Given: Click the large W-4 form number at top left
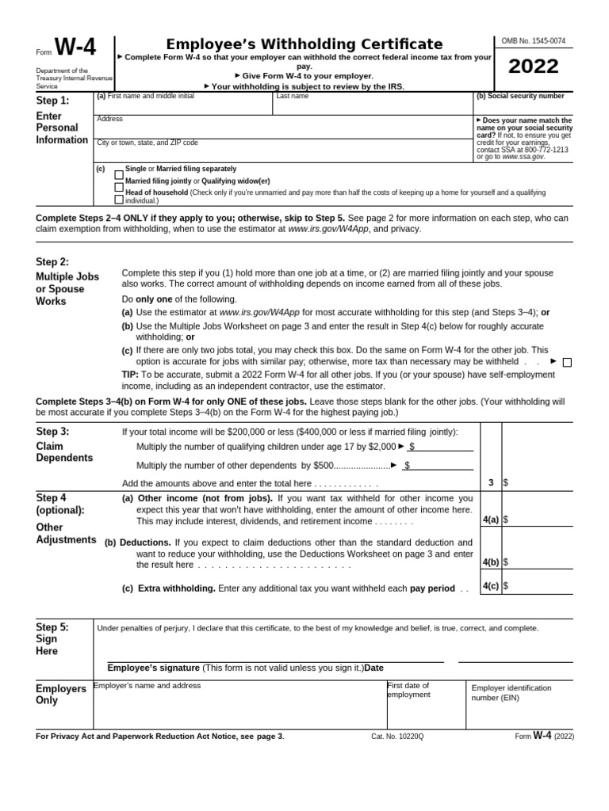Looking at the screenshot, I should [75, 49].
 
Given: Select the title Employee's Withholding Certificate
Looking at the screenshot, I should [304, 44].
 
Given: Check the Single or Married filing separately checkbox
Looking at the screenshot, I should [119, 173].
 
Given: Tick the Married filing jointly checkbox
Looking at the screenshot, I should [119, 185].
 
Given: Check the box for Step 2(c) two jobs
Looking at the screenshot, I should [567, 363].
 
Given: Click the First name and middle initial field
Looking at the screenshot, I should [183, 105].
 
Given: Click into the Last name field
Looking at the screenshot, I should [372, 105].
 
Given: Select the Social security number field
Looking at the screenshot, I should [523, 106].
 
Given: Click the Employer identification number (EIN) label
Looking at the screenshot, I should [511, 693].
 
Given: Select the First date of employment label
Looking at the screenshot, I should [408, 690].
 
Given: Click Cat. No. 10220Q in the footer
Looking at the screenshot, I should [397, 737].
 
